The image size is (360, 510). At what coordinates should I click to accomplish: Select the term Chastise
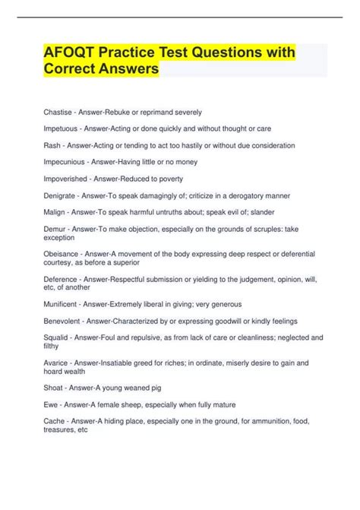tap(58, 112)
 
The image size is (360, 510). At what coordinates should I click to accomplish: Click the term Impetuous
tap(62, 128)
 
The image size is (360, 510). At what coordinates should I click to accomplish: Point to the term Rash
tap(52, 145)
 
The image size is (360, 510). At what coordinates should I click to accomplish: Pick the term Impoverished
tap(65, 179)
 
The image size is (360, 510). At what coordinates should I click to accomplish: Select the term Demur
tap(54, 229)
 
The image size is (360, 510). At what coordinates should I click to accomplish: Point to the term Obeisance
tap(62, 254)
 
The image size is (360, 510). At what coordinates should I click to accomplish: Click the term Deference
tap(62, 279)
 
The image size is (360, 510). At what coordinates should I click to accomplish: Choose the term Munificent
tap(62, 304)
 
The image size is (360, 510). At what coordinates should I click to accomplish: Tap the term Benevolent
tap(64, 321)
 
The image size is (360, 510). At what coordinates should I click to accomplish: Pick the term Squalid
tap(56, 337)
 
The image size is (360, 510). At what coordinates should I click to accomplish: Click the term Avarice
tap(57, 363)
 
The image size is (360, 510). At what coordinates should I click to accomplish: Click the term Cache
tap(55, 421)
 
